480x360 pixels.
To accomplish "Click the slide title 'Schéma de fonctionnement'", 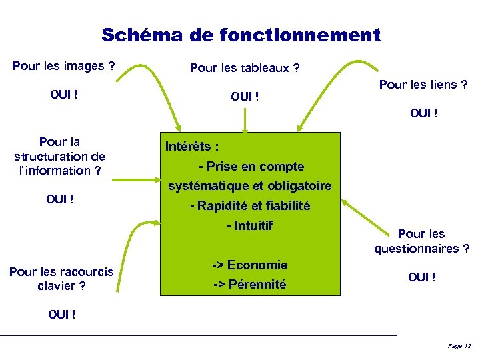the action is pos(241,35).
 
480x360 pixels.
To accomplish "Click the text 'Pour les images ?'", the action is pos(64,66).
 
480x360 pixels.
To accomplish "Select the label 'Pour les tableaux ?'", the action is pos(245,68).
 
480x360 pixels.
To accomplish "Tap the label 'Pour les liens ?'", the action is pos(423,85).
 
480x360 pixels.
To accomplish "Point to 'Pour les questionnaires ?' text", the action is pos(421,241).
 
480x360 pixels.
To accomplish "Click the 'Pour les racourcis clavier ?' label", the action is pos(61,279).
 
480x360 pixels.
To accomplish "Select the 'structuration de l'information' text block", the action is pos(59,156).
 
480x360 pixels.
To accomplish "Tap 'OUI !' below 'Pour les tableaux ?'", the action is pos(245,97).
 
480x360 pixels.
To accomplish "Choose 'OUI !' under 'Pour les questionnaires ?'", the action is pos(422,277).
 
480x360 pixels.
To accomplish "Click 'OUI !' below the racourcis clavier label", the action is pos(61,314).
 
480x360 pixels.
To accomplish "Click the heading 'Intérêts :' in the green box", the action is pos(191,146).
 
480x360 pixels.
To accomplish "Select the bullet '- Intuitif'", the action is pos(249,226).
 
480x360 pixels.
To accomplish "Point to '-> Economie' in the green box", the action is pos(249,265).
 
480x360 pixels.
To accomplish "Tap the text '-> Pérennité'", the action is pos(249,285).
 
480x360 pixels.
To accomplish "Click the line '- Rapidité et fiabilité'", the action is pos(249,206).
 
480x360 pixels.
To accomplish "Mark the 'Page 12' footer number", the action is pos(459,346).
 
